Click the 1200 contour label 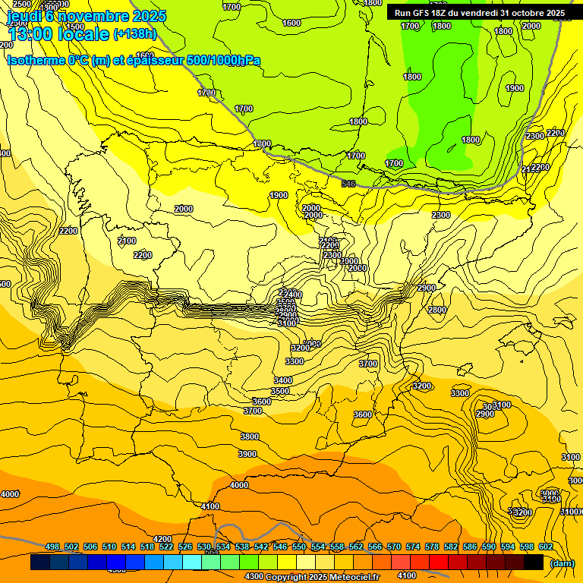262,143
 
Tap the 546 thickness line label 348,184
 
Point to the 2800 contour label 436,310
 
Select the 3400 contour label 283,380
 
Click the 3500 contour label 280,391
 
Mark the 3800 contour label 249,436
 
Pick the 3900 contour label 247,454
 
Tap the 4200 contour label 162,539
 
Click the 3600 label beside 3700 261,402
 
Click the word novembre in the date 92,16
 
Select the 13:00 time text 30,34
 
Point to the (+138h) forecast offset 134,34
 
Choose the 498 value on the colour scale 52,547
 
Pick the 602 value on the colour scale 545,547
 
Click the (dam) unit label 563,563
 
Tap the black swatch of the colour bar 534,563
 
